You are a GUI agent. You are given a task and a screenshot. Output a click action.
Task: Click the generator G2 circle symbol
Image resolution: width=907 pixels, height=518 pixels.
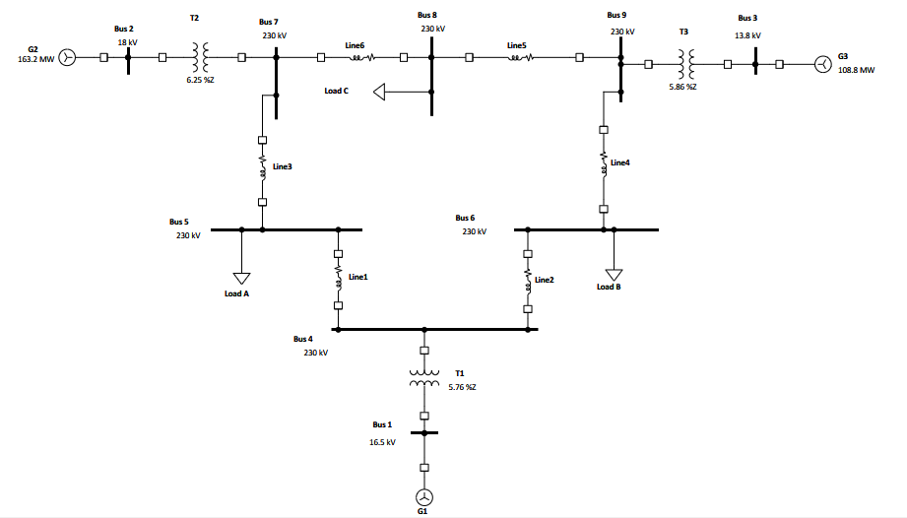pos(67,58)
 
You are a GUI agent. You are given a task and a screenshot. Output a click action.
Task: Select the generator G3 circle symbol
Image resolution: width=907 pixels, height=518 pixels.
pos(821,65)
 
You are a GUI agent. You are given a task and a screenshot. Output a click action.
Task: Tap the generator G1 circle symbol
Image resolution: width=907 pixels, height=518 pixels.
pos(424,496)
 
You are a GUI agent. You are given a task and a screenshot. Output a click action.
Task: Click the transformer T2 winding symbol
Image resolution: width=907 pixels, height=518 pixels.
pos(201,58)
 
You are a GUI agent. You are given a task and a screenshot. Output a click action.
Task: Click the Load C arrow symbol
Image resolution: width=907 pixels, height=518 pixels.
pos(381,92)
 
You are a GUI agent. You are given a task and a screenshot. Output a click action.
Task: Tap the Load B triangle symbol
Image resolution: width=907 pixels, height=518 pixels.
pos(615,274)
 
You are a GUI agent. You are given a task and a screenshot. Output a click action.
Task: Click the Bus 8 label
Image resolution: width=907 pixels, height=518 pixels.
pos(426,16)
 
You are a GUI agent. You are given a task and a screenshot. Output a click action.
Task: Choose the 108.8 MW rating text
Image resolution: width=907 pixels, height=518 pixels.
pos(856,71)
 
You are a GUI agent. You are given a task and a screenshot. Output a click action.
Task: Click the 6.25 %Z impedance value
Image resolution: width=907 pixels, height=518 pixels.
pos(200,80)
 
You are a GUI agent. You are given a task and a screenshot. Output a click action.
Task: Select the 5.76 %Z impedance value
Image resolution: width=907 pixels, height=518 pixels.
pos(462,387)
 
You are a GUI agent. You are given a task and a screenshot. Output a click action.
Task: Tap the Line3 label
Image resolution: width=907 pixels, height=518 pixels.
pos(283,167)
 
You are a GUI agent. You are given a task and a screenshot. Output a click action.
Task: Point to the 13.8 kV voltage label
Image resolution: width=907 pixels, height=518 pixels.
pos(748,34)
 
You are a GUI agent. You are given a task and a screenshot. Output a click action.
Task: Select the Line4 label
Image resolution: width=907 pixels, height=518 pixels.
pos(619,162)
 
